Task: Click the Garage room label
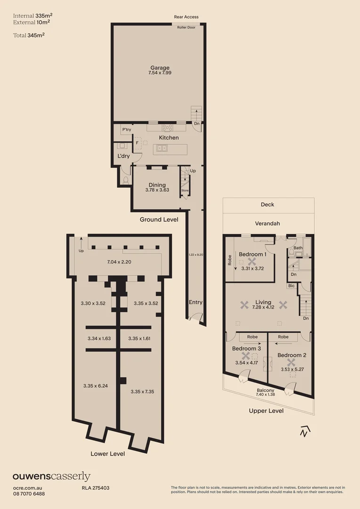(x=160, y=68)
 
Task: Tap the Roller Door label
(x=187, y=28)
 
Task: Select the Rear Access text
(x=186, y=17)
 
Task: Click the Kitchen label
(x=168, y=138)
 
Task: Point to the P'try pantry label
(x=126, y=130)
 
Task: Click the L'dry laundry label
(x=123, y=156)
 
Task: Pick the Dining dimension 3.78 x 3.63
(x=157, y=190)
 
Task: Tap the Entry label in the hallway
(x=196, y=302)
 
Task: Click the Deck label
(x=267, y=205)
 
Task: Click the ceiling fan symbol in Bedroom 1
(x=252, y=261)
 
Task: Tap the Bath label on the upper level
(x=298, y=248)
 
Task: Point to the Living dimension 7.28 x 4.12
(x=263, y=307)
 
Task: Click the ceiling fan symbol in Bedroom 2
(x=291, y=362)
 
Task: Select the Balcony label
(x=265, y=390)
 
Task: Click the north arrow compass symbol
(x=305, y=431)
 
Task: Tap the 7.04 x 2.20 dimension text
(x=119, y=261)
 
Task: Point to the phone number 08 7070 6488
(x=29, y=493)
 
